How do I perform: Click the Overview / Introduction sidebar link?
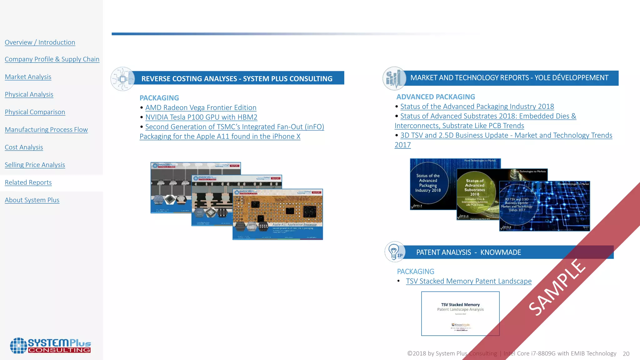pyautogui.click(x=40, y=42)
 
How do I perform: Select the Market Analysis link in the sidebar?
pyautogui.click(x=28, y=77)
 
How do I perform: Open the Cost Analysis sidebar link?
pyautogui.click(x=24, y=147)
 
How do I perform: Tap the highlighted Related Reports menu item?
pyautogui.click(x=28, y=182)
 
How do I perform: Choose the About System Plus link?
pyautogui.click(x=32, y=200)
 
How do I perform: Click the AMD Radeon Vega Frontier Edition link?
pyautogui.click(x=201, y=107)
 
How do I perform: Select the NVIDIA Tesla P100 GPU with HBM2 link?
pyautogui.click(x=201, y=117)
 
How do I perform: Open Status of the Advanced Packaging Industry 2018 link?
pyautogui.click(x=477, y=107)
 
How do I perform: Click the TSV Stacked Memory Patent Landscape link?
pyautogui.click(x=468, y=281)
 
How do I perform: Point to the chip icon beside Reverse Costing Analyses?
pyautogui.click(x=122, y=79)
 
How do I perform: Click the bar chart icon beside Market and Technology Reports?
pyautogui.click(x=394, y=78)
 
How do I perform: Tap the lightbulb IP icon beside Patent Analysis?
pyautogui.click(x=395, y=252)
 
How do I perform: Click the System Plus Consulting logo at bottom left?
pyautogui.click(x=50, y=346)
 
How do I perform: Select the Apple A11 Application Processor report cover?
pyautogui.click(x=277, y=214)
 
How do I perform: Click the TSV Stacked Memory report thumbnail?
pyautogui.click(x=460, y=313)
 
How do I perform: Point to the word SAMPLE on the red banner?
pyautogui.click(x=557, y=287)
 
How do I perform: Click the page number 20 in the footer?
pyautogui.click(x=626, y=354)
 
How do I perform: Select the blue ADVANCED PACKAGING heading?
pyautogui.click(x=436, y=97)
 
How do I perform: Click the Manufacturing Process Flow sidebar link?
pyautogui.click(x=46, y=130)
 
